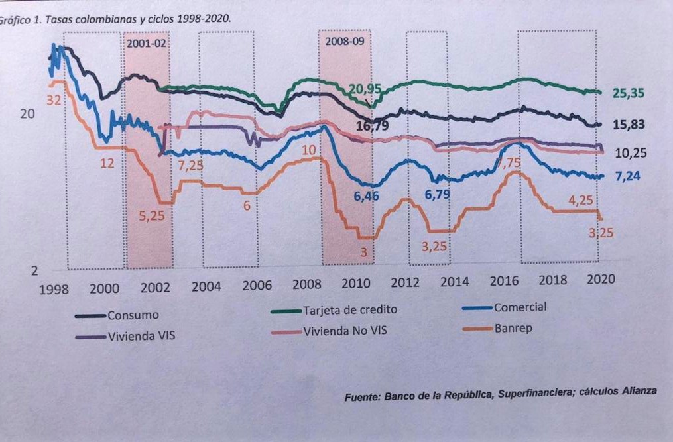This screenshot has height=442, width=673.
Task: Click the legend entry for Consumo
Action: (133, 315)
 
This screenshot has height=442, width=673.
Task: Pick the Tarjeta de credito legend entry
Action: (350, 309)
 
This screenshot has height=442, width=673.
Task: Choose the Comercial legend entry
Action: (520, 307)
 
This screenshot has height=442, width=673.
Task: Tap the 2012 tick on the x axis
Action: (405, 282)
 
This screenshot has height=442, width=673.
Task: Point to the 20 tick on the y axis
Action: (27, 113)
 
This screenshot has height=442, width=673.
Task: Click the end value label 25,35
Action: (628, 93)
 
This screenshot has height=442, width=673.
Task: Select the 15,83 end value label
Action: (629, 125)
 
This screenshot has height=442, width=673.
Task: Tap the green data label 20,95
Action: (365, 89)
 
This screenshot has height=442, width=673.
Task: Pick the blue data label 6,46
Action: (365, 196)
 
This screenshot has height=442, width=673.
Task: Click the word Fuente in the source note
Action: (361, 396)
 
